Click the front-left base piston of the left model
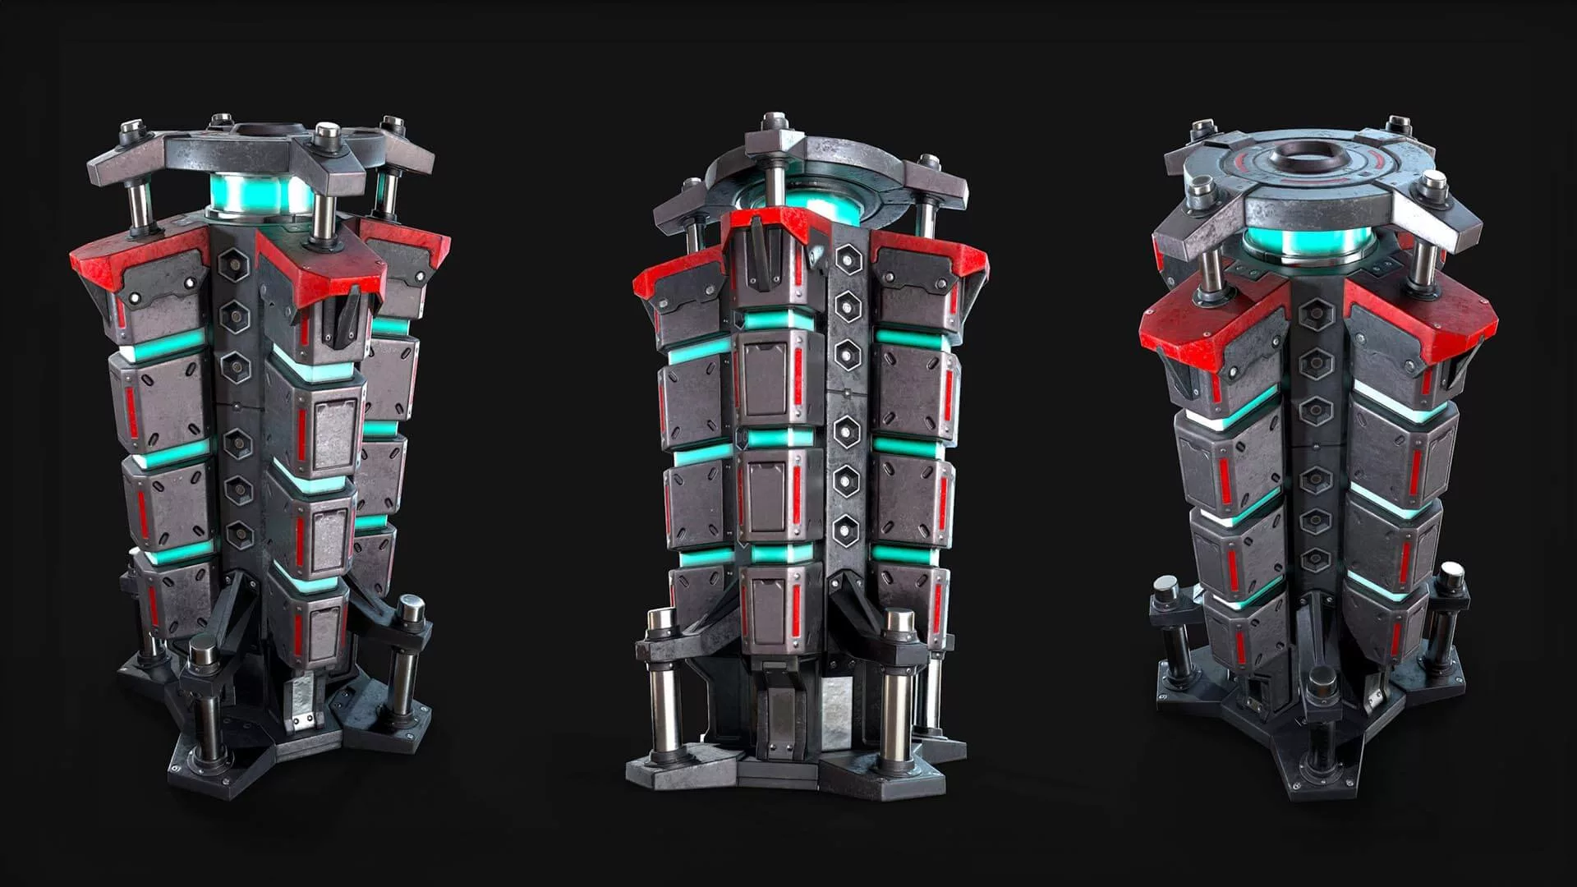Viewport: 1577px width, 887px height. (205, 698)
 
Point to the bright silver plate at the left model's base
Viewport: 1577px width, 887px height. (301, 699)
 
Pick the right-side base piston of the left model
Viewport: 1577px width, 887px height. (408, 649)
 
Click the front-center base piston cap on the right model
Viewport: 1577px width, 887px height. (1323, 682)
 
